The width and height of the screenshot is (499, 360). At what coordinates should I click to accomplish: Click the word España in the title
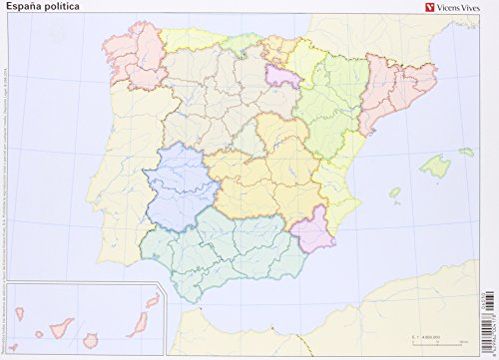[23, 11]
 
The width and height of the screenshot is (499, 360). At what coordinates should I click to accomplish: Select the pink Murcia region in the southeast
[314, 229]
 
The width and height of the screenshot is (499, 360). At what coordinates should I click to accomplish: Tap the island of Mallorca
[436, 163]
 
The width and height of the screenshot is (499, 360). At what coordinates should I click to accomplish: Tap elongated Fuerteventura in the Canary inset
[136, 310]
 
